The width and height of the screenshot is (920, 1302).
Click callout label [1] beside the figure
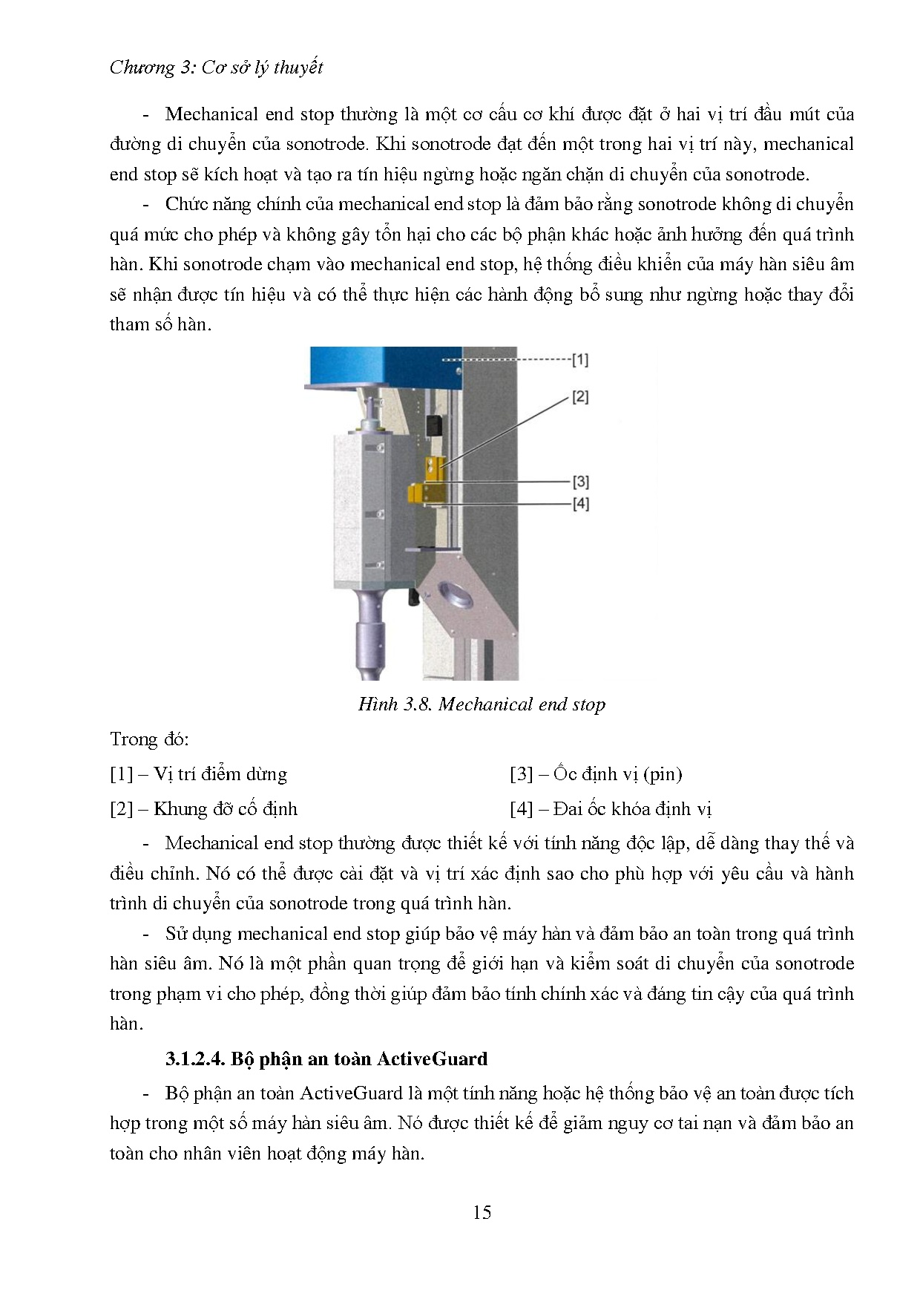click(579, 360)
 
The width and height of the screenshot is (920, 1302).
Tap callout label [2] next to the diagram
click(579, 397)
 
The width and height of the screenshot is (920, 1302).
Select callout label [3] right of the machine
click(580, 482)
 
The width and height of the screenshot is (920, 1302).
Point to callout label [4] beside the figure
click(580, 504)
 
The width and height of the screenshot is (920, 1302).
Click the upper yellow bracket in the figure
click(434, 468)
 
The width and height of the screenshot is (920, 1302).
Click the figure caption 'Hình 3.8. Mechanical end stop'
click(482, 704)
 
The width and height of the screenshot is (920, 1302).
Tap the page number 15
click(482, 1212)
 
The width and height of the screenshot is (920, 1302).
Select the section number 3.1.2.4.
click(194, 1059)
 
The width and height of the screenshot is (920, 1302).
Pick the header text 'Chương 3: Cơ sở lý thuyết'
click(216, 68)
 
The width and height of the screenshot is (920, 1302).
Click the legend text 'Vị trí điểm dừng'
click(220, 774)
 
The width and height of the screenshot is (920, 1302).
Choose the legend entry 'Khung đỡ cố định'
click(226, 808)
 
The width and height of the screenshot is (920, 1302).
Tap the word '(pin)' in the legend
click(663, 774)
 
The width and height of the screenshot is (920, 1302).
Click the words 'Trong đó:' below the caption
click(149, 739)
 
